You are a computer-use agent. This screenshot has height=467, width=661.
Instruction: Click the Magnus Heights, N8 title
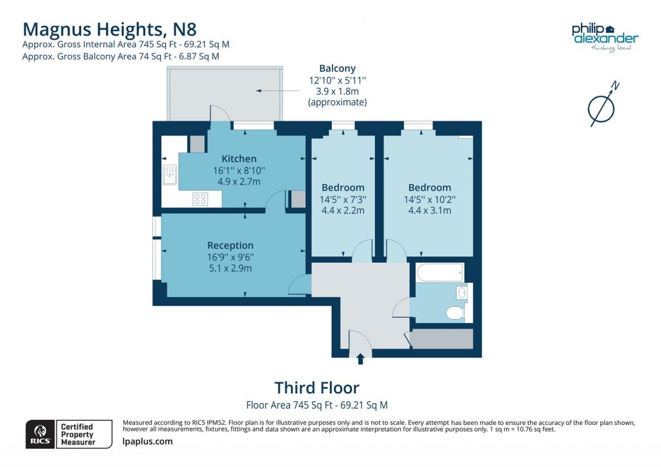[109, 29]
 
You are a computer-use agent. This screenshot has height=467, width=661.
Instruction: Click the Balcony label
[337, 68]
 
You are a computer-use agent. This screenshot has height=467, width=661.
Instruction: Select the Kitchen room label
[239, 159]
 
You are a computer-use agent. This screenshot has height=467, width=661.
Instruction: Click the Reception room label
[230, 245]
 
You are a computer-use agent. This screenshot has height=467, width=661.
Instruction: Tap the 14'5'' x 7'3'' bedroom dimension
[342, 199]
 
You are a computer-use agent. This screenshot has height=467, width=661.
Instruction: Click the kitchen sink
[170, 174]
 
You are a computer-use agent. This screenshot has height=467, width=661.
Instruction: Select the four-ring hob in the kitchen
[199, 200]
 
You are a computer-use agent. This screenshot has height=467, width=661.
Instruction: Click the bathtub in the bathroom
[440, 273]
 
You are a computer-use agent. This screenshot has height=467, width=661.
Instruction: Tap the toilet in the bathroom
[454, 313]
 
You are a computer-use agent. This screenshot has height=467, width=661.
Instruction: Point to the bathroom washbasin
[461, 293]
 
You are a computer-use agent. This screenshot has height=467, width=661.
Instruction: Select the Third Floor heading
[316, 388]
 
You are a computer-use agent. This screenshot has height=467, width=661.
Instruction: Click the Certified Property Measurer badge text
[77, 434]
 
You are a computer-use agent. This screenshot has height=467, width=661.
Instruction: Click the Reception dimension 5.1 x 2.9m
[230, 267]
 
